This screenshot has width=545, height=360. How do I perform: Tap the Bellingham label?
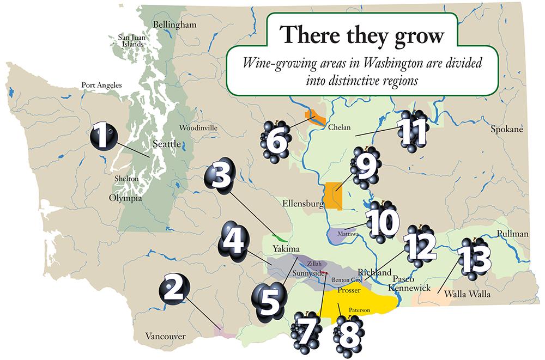(x=174, y=25)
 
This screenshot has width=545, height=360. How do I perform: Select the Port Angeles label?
(x=101, y=85)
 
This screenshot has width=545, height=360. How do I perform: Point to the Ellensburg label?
(x=300, y=204)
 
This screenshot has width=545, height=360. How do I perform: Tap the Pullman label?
(x=512, y=234)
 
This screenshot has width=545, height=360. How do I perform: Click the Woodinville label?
(x=198, y=128)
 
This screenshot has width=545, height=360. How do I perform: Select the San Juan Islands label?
(x=131, y=40)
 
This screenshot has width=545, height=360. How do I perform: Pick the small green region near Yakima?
(x=280, y=238)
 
